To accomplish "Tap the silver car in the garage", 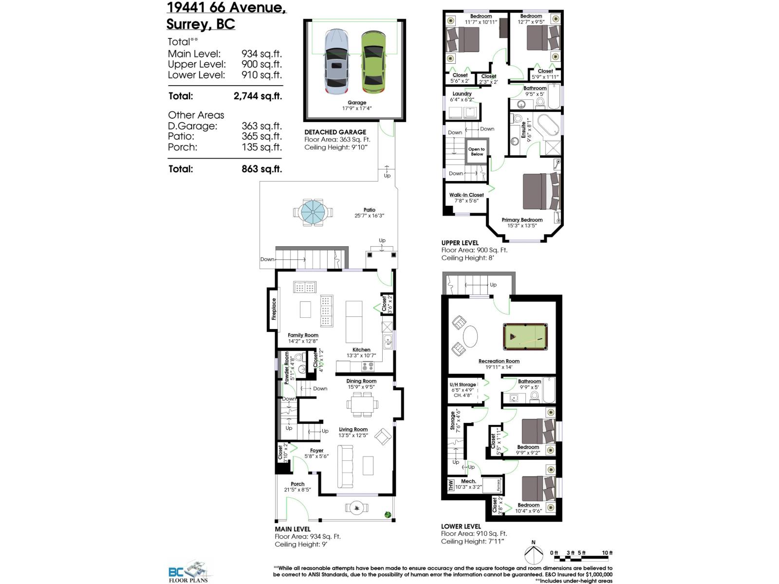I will pyautogui.click(x=336, y=62).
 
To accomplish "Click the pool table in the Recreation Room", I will pyautogui.click(x=525, y=336).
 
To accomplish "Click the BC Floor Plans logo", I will pyautogui.click(x=189, y=572).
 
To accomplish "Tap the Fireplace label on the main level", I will pyautogui.click(x=274, y=310).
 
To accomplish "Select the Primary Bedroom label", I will pyautogui.click(x=522, y=220).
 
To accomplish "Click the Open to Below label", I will pyautogui.click(x=477, y=152).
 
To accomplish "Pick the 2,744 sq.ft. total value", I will pyautogui.click(x=258, y=96).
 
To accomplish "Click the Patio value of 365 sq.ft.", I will pyautogui.click(x=261, y=136).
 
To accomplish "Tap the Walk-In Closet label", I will pyautogui.click(x=466, y=195).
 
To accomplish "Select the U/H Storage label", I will pyautogui.click(x=463, y=384).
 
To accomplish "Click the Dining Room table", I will pyautogui.click(x=361, y=403).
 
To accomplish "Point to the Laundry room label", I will pyautogui.click(x=462, y=93).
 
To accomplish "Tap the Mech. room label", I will pyautogui.click(x=468, y=481).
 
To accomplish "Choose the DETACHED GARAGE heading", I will pyautogui.click(x=335, y=132).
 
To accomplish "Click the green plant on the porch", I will pyautogui.click(x=388, y=514).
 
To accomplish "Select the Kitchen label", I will pyautogui.click(x=361, y=349).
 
